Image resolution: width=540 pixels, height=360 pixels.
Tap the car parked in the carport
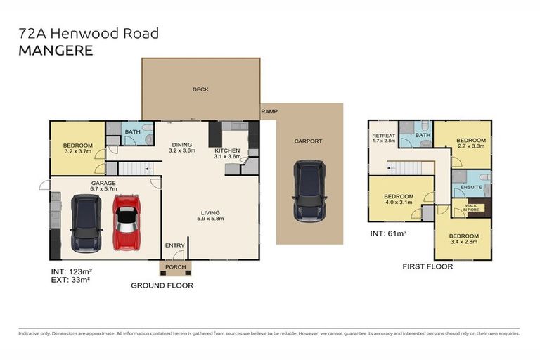click(x=309, y=189)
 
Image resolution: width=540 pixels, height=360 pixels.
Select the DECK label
click(x=200, y=89)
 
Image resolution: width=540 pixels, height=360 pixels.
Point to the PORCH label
click(x=174, y=267)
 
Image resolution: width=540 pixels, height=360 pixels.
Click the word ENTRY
click(x=174, y=245)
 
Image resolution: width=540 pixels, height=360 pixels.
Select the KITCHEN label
click(x=227, y=150)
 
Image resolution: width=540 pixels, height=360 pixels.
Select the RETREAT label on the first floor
click(x=384, y=136)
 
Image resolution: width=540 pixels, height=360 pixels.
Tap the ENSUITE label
click(x=471, y=187)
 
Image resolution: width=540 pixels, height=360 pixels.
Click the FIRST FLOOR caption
click(x=427, y=266)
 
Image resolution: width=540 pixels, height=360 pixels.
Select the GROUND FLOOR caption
click(x=162, y=285)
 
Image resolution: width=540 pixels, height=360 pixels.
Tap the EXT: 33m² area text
click(x=70, y=279)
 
